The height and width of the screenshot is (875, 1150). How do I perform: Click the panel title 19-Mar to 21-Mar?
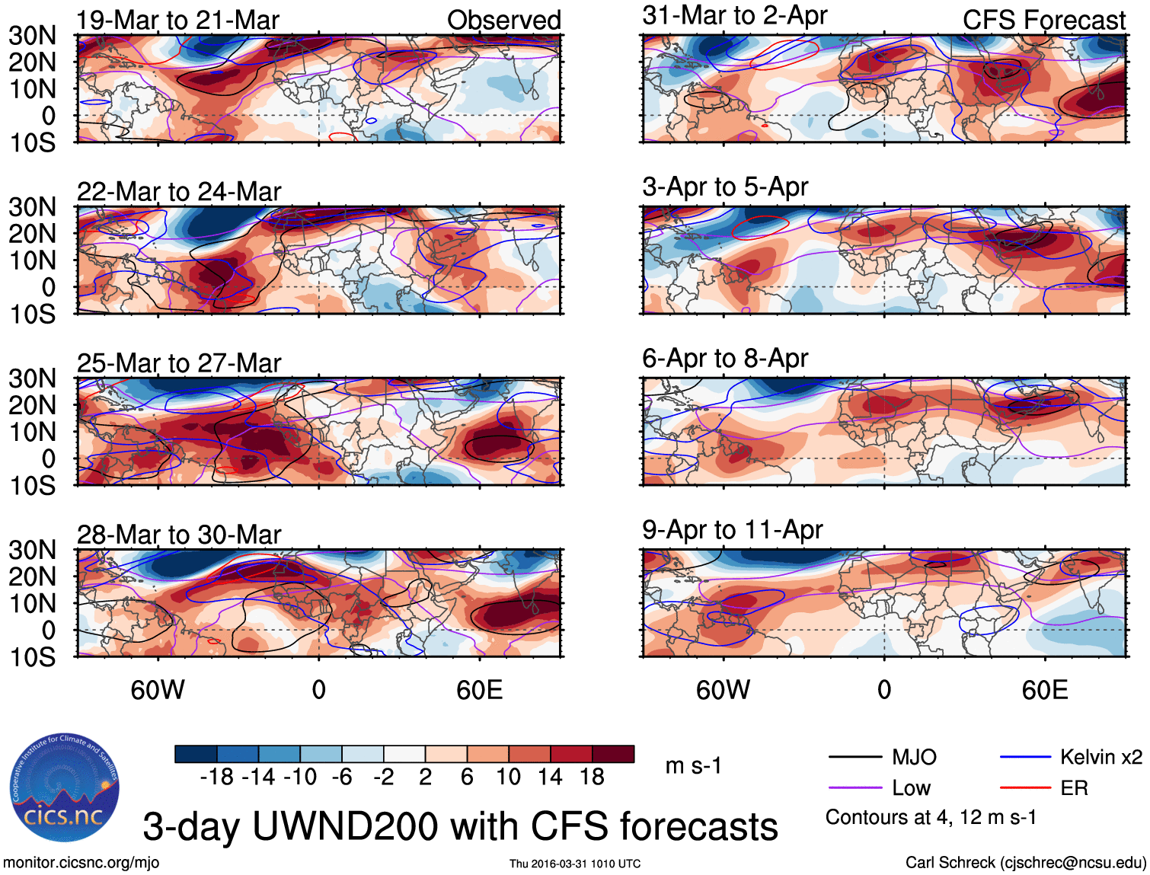(177, 21)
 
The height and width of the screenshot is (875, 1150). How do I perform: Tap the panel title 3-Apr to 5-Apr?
(725, 187)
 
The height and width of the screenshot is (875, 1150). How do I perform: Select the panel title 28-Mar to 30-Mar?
(179, 535)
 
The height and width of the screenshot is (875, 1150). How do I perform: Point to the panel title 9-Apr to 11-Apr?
(732, 529)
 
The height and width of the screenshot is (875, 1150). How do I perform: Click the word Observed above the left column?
(503, 21)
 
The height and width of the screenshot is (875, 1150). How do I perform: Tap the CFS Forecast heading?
(1043, 21)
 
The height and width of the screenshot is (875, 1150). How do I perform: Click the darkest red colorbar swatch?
(613, 754)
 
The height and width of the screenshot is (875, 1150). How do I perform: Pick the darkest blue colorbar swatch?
(196, 754)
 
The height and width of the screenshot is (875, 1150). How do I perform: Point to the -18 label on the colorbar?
(216, 777)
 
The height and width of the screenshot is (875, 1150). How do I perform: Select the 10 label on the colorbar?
(508, 777)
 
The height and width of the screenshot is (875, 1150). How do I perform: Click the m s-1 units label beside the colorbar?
(693, 765)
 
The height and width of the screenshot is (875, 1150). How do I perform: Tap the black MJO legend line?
(855, 757)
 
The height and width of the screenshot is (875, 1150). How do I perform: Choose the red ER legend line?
(1025, 788)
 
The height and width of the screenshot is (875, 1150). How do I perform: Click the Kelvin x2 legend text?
(1100, 757)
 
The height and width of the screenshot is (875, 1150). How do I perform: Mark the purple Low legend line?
(855, 788)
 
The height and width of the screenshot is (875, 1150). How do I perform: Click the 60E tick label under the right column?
(1044, 690)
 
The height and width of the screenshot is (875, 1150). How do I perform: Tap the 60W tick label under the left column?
(158, 690)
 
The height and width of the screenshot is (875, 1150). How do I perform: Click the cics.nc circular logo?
(64, 787)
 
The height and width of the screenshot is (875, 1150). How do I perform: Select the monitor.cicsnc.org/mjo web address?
(81, 863)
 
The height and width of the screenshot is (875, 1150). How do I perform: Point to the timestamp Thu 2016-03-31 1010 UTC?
(575, 864)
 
